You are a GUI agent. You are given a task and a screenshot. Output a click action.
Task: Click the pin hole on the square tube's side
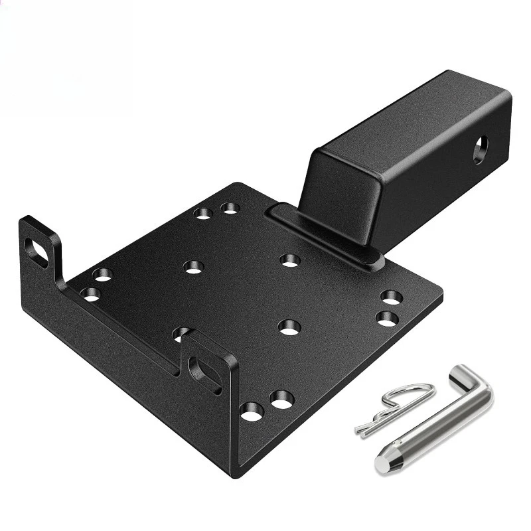[x=480, y=149]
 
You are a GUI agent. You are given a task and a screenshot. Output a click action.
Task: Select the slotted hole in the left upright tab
[x=36, y=252]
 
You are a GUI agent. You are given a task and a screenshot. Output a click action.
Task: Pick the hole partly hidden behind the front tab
[x=181, y=332]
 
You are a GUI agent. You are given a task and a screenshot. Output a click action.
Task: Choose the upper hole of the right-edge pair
[x=392, y=297]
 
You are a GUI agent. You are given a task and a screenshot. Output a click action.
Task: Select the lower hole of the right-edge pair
[x=386, y=318]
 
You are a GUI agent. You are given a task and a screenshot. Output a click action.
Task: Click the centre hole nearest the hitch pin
[x=289, y=326]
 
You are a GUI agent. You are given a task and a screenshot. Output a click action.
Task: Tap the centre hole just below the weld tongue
[x=290, y=260]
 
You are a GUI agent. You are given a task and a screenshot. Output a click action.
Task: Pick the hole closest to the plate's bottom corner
[x=252, y=412]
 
